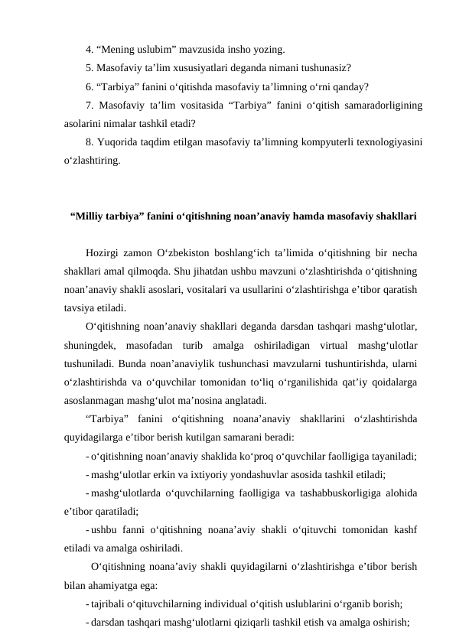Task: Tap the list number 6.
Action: (x=90, y=86)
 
